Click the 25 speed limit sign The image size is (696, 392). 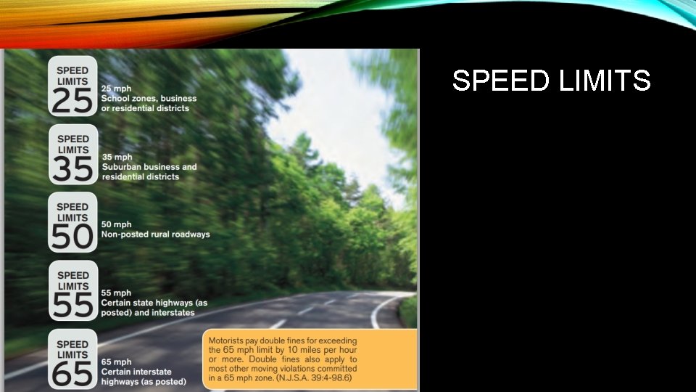click(x=72, y=86)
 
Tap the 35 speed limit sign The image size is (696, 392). click(x=72, y=155)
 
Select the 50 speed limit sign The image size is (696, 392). click(x=72, y=223)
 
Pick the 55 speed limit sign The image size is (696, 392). click(x=72, y=291)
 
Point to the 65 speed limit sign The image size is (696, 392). click(x=72, y=360)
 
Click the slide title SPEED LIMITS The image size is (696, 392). click(x=551, y=81)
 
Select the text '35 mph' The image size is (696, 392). click(x=117, y=157)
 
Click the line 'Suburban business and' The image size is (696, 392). click(x=149, y=166)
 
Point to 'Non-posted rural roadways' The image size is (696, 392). click(x=155, y=234)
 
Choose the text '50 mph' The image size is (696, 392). click(x=117, y=225)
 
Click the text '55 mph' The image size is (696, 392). click(x=117, y=293)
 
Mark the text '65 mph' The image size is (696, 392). click(x=117, y=362)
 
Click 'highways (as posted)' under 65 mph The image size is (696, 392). click(x=144, y=381)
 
